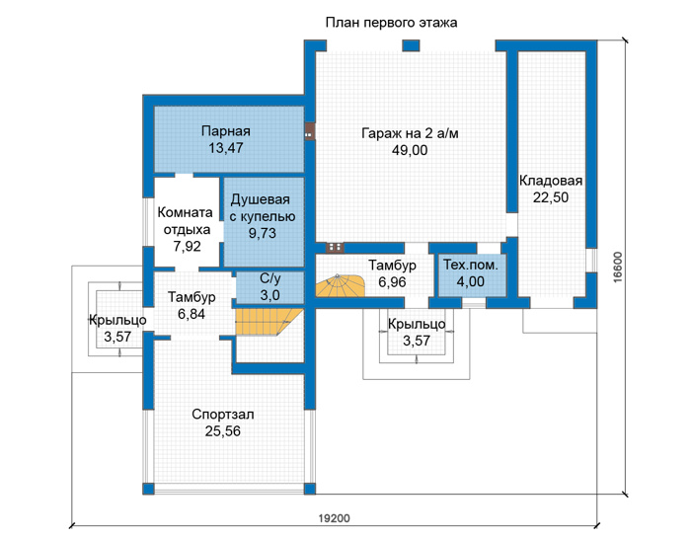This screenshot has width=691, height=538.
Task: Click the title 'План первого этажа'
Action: pyautogui.click(x=391, y=23)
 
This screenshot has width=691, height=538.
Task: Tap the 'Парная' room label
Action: pyautogui.click(x=226, y=131)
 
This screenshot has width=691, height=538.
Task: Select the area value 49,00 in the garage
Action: pyautogui.click(x=410, y=150)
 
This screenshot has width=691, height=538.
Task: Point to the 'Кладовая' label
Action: pyautogui.click(x=551, y=181)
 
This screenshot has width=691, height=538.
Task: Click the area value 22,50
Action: pyautogui.click(x=551, y=197)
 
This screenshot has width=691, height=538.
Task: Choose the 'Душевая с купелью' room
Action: pyautogui.click(x=264, y=222)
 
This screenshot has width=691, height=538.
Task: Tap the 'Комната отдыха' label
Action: pyautogui.click(x=186, y=221)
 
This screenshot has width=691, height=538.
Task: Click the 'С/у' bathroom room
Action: pyautogui.click(x=269, y=287)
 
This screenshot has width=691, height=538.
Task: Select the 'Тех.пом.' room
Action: pyautogui.click(x=472, y=275)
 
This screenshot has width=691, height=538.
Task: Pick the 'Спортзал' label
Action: pyautogui.click(x=223, y=415)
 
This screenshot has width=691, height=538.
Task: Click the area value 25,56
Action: pyautogui.click(x=223, y=431)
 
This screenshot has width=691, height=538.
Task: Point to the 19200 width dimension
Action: pyautogui.click(x=334, y=518)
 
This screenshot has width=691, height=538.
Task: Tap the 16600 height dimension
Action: pyautogui.click(x=618, y=267)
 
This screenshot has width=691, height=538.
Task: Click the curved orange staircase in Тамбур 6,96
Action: pyautogui.click(x=341, y=286)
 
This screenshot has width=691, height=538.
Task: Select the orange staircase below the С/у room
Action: pyautogui.click(x=269, y=322)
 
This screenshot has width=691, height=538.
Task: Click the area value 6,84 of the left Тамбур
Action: pyautogui.click(x=192, y=314)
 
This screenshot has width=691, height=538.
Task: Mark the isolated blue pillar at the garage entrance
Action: pyautogui.click(x=411, y=45)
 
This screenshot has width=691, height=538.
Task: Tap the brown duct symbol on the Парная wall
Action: pyautogui.click(x=309, y=131)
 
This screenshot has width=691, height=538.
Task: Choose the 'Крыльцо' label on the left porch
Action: pyautogui.click(x=117, y=320)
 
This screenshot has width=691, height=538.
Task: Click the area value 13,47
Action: pyautogui.click(x=226, y=148)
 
